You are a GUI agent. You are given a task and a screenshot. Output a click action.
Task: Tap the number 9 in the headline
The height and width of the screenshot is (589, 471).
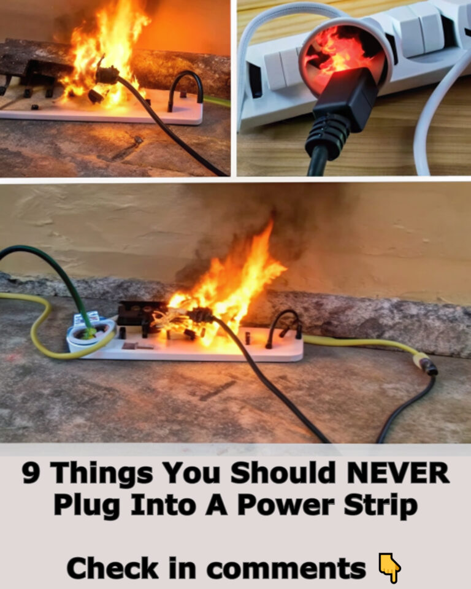(33, 474)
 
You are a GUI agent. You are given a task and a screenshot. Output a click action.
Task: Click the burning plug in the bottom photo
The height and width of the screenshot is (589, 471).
(199, 316)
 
